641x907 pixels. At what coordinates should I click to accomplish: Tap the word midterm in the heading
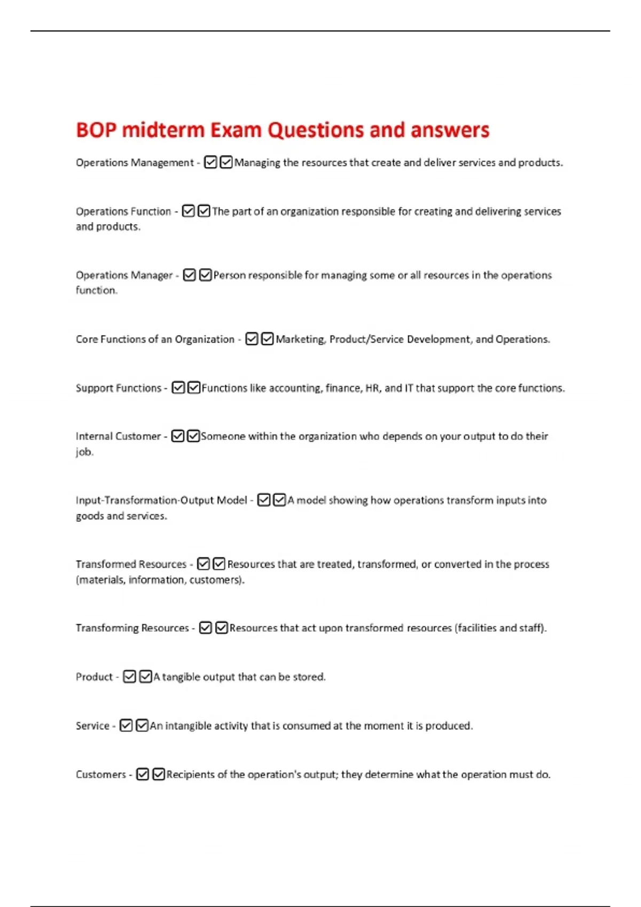pyautogui.click(x=163, y=130)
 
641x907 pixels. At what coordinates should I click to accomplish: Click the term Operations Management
pyautogui.click(x=135, y=163)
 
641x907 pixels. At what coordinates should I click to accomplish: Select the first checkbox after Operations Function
pyautogui.click(x=188, y=211)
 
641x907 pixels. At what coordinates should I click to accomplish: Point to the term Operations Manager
pyautogui.click(x=124, y=275)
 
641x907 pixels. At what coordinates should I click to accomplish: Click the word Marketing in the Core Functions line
pyautogui.click(x=300, y=339)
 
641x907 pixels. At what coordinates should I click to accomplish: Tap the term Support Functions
pyautogui.click(x=119, y=388)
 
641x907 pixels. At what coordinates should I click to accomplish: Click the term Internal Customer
pyautogui.click(x=118, y=436)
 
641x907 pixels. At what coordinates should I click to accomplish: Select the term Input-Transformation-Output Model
pyautogui.click(x=161, y=500)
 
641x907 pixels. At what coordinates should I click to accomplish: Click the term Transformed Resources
pyautogui.click(x=131, y=564)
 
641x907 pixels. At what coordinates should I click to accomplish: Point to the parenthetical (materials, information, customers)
pyautogui.click(x=160, y=580)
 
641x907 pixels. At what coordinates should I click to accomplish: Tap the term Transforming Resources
pyautogui.click(x=132, y=628)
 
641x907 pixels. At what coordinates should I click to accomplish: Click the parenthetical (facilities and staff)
pyautogui.click(x=501, y=628)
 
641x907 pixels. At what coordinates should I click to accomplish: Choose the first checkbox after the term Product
pyautogui.click(x=129, y=677)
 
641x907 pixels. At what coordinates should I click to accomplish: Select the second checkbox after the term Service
pyautogui.click(x=142, y=726)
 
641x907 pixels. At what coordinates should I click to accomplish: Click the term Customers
pyautogui.click(x=101, y=775)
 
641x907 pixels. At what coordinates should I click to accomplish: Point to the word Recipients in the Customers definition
pyautogui.click(x=190, y=775)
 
